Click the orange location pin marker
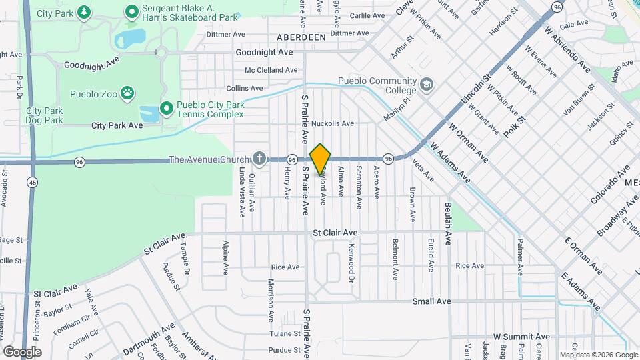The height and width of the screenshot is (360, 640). pos(321,159)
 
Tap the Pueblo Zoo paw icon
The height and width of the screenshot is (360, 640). pos(127,93)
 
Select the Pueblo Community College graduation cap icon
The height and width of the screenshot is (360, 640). pos(426,85)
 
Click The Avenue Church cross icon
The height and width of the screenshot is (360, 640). pos(259,159)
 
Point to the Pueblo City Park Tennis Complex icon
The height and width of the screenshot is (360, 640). pos(166,107)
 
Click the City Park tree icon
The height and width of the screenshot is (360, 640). pos(83,12)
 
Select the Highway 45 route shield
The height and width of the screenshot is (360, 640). pos(32,182)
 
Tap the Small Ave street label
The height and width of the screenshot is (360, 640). pos(431,301)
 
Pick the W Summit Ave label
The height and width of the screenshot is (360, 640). pos(521,337)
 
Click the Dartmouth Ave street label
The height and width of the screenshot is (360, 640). pos(149,337)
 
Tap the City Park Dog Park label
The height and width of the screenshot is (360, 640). pos(45,116)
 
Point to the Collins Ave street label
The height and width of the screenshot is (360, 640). pos(245,88)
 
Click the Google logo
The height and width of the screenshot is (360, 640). pos(22,351)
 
